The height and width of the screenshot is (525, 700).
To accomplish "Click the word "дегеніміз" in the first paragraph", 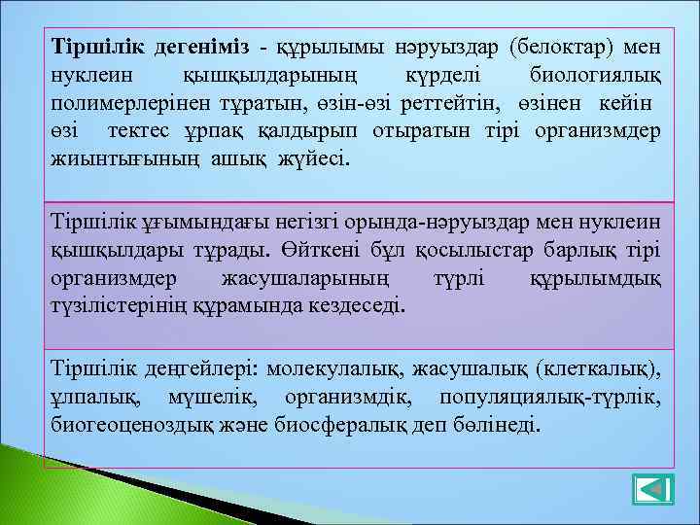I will [x=200, y=47].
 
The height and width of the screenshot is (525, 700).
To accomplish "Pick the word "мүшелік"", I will [x=207, y=398].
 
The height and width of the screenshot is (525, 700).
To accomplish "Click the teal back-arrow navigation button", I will [x=653, y=489].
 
